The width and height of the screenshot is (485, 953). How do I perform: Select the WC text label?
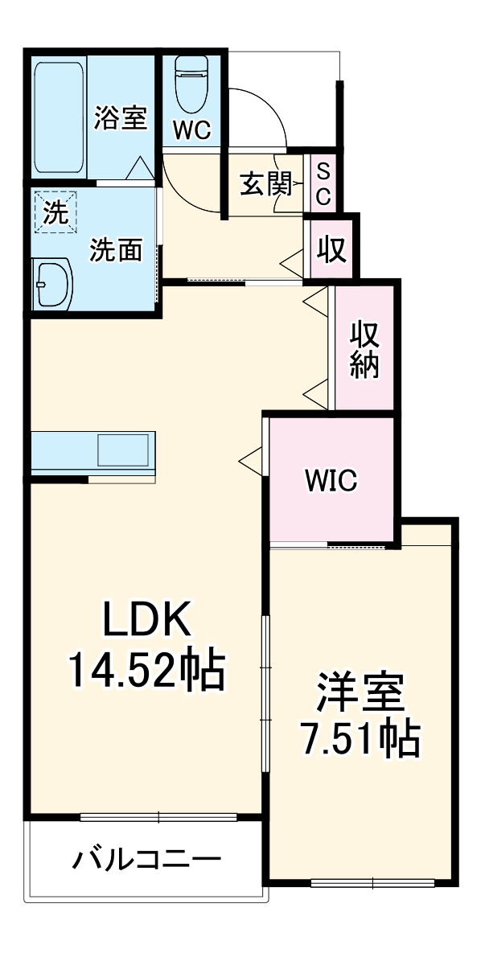point(191,131)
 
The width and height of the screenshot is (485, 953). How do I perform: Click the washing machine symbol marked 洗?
point(55,212)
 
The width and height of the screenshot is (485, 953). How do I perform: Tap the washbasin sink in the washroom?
point(52,283)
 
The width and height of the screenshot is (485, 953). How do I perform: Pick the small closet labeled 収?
point(331,249)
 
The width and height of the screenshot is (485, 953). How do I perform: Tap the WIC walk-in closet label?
point(331,481)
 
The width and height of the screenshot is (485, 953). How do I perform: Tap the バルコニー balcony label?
point(147,861)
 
